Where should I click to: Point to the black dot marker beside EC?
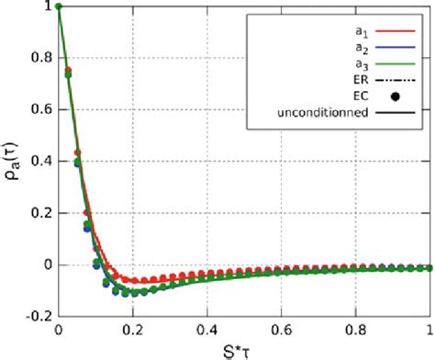396,96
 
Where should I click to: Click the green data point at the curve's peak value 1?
59,7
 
